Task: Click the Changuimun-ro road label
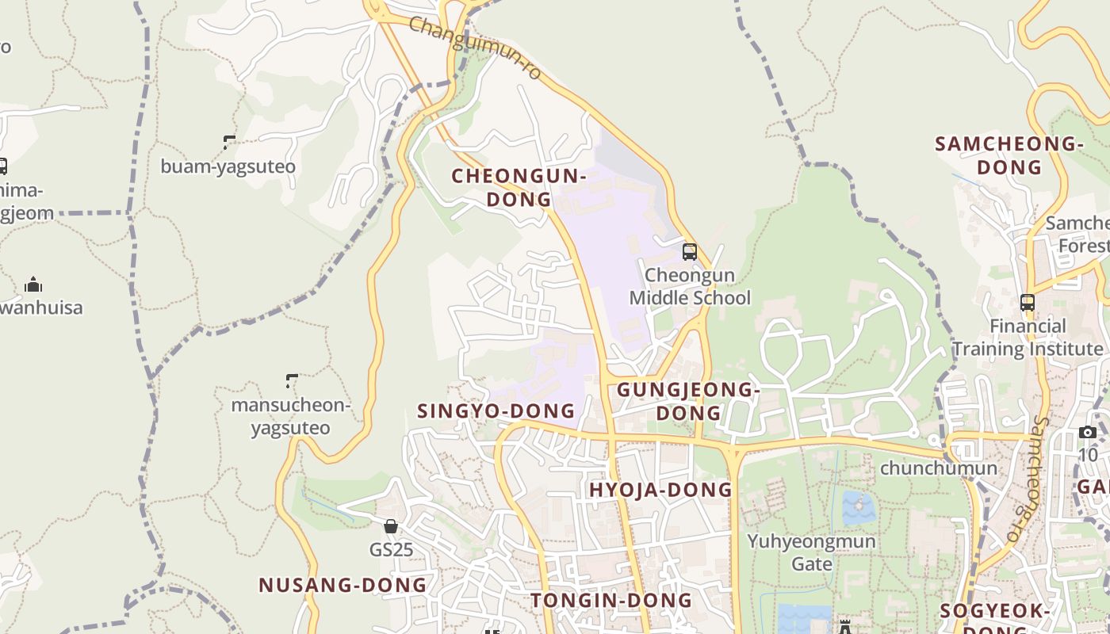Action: (x=476, y=48)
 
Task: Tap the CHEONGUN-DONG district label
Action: (x=519, y=188)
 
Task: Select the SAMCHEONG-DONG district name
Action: (x=1009, y=155)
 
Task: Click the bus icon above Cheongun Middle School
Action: (x=690, y=252)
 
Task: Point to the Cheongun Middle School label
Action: (x=690, y=287)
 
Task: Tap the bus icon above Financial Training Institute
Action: (x=1028, y=302)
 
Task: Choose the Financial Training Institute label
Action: (x=1028, y=338)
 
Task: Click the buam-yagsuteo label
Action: (x=228, y=166)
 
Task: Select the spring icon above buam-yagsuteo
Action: (x=229, y=143)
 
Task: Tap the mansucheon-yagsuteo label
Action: (x=290, y=417)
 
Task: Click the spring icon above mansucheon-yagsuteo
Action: (x=292, y=381)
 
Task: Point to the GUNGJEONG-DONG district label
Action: (x=688, y=401)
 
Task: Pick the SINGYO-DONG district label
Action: (x=496, y=411)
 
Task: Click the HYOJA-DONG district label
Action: (x=660, y=490)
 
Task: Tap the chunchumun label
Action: (x=938, y=468)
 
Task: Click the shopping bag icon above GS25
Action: (x=391, y=526)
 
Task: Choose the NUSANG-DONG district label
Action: (x=343, y=585)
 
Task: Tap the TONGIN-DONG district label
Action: (x=611, y=600)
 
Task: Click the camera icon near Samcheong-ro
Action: (x=1088, y=432)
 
